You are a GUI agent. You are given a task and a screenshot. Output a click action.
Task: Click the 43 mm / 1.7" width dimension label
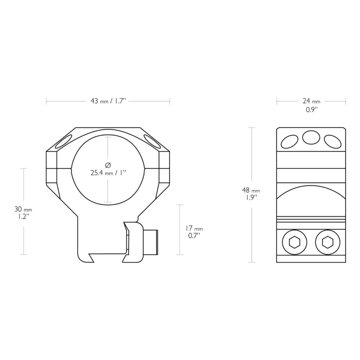[108, 101]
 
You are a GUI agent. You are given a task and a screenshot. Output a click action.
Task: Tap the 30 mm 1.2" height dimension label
[23, 212]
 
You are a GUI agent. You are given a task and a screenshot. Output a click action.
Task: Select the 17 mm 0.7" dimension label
[194, 232]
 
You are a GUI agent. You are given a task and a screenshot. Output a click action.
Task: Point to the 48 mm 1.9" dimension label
[250, 194]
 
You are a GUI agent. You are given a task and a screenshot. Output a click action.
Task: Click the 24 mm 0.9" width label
[311, 105]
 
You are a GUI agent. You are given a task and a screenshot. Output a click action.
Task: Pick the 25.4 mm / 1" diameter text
[108, 173]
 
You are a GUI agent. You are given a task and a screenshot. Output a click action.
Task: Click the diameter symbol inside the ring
[108, 165]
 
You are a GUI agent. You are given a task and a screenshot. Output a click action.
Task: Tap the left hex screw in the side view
[294, 242]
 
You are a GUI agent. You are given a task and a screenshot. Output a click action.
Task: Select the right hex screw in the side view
[327, 242]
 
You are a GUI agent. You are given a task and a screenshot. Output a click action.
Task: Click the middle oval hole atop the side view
[311, 137]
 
